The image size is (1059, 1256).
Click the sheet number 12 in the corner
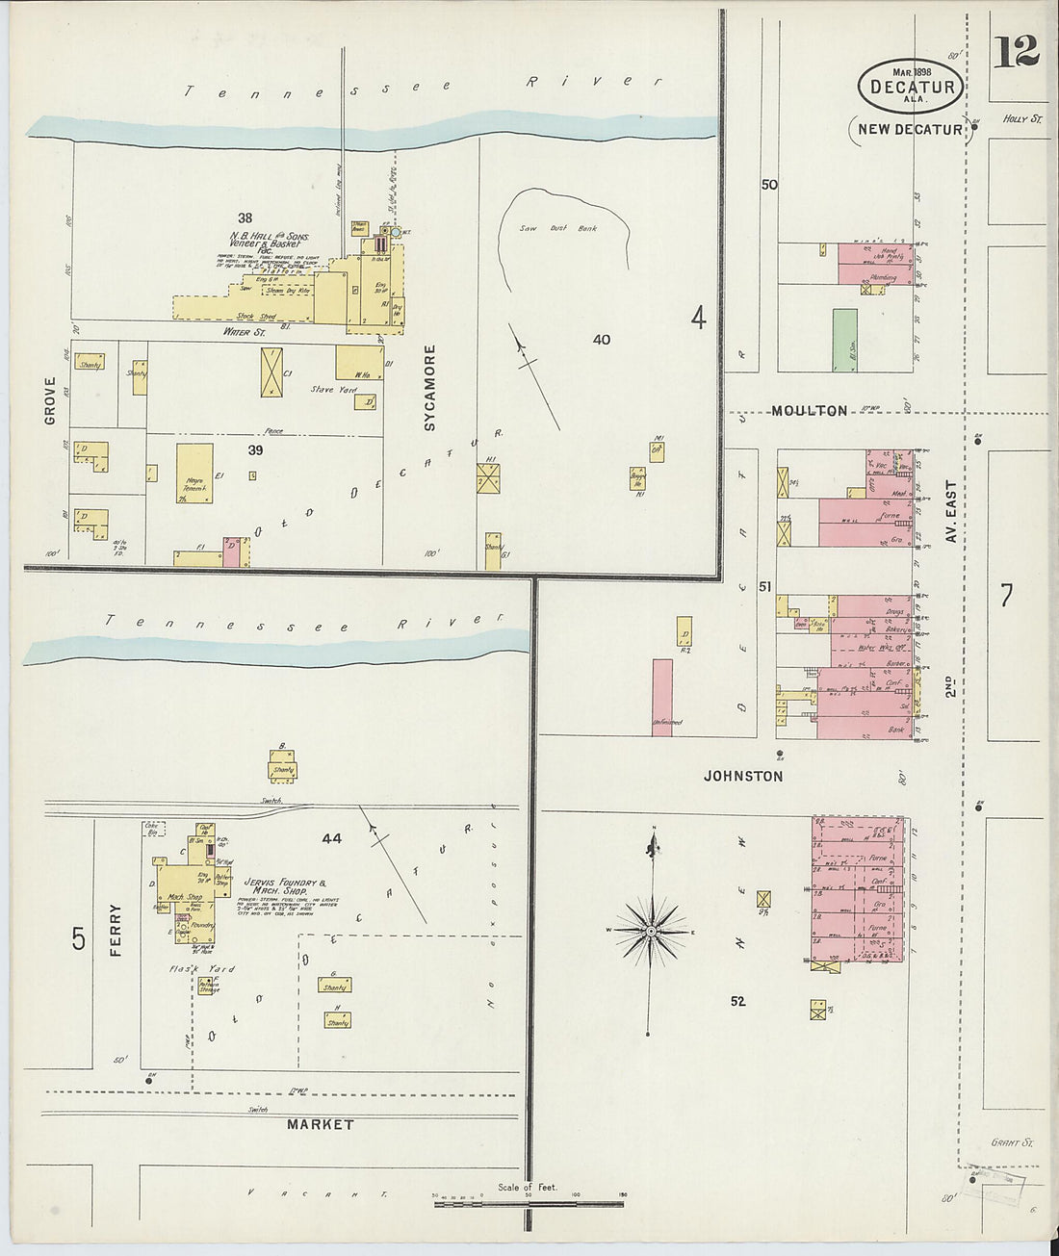[1016, 51]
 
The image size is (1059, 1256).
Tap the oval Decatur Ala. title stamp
[911, 86]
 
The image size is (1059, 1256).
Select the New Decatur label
[910, 129]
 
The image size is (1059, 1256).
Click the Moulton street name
[809, 411]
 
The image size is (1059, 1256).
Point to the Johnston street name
[742, 776]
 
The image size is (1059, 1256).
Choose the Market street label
[321, 1124]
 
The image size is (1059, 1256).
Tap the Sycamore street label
[430, 387]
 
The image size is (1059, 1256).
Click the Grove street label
[50, 400]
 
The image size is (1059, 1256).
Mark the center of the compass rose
[652, 932]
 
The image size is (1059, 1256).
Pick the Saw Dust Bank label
[572, 229]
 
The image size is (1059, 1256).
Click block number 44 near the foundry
[331, 839]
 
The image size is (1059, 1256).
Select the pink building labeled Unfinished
[661, 697]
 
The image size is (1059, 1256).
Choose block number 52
[737, 1001]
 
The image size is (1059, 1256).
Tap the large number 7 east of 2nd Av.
[1006, 596]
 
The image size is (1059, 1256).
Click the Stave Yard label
[333, 390]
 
